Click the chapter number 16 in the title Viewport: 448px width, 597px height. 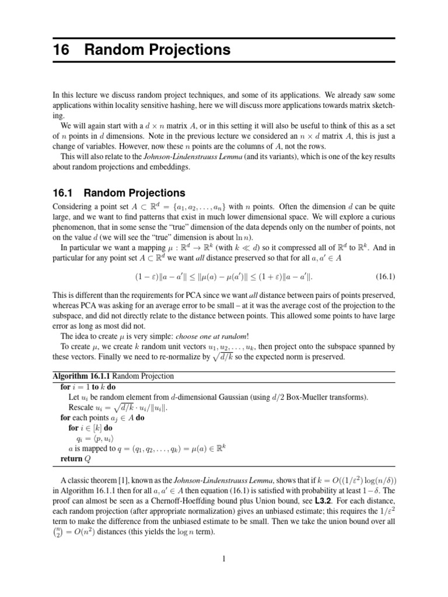(x=61, y=50)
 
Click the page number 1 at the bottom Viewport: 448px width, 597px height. (x=224, y=559)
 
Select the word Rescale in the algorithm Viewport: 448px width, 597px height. (x=82, y=407)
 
